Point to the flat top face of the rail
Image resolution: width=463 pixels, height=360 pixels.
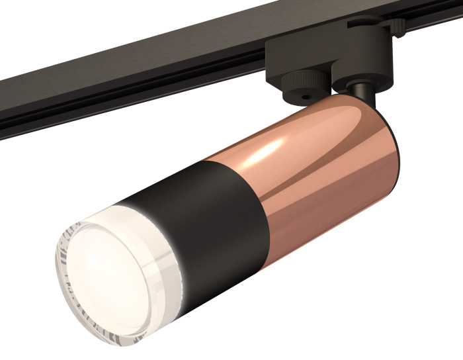pyautogui.click(x=132, y=60)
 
